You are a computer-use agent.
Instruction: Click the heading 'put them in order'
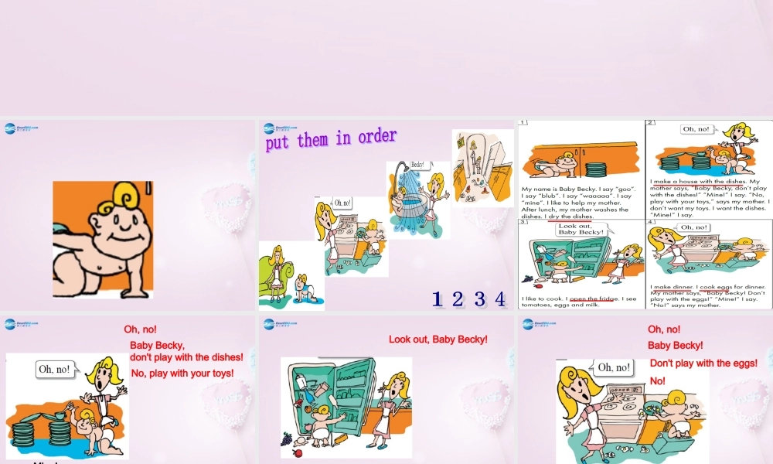point(331,140)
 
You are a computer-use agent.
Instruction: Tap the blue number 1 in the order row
point(438,299)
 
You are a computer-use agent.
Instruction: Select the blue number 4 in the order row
point(500,299)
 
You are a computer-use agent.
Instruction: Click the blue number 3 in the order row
point(480,299)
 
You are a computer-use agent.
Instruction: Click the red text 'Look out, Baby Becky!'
point(438,339)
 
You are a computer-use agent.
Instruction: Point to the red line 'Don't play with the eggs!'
point(703,363)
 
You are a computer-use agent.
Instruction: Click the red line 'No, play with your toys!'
point(182,374)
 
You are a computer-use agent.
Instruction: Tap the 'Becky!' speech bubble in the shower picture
point(418,165)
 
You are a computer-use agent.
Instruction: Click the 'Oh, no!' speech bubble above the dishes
point(54,370)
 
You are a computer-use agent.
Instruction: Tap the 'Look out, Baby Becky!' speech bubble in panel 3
point(581,229)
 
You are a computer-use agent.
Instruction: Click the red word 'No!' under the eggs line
point(657,381)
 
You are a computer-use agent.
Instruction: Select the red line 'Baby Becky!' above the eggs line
point(675,346)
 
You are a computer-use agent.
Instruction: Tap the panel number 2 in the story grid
point(651,123)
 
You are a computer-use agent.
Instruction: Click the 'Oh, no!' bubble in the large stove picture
point(613,367)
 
